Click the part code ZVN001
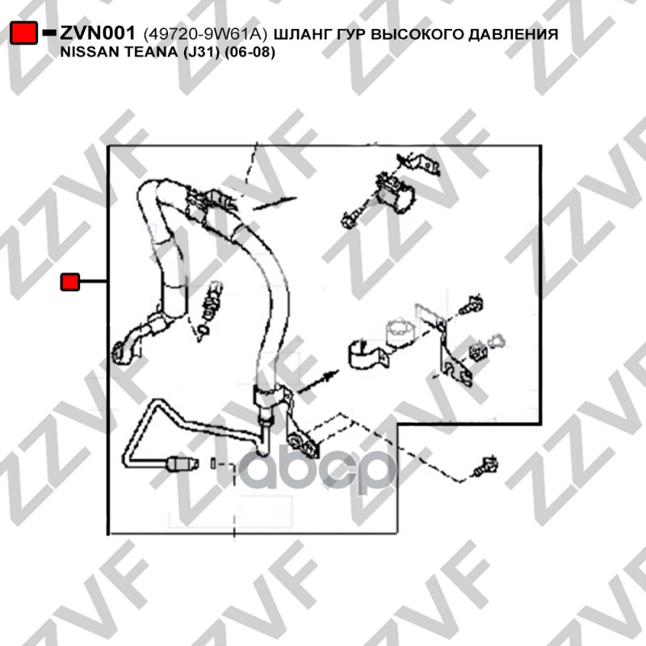[98, 33]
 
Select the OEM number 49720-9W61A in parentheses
[205, 34]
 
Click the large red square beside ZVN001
[23, 32]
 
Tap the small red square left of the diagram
[70, 282]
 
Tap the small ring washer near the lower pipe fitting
[212, 463]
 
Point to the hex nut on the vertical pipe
[265, 421]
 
